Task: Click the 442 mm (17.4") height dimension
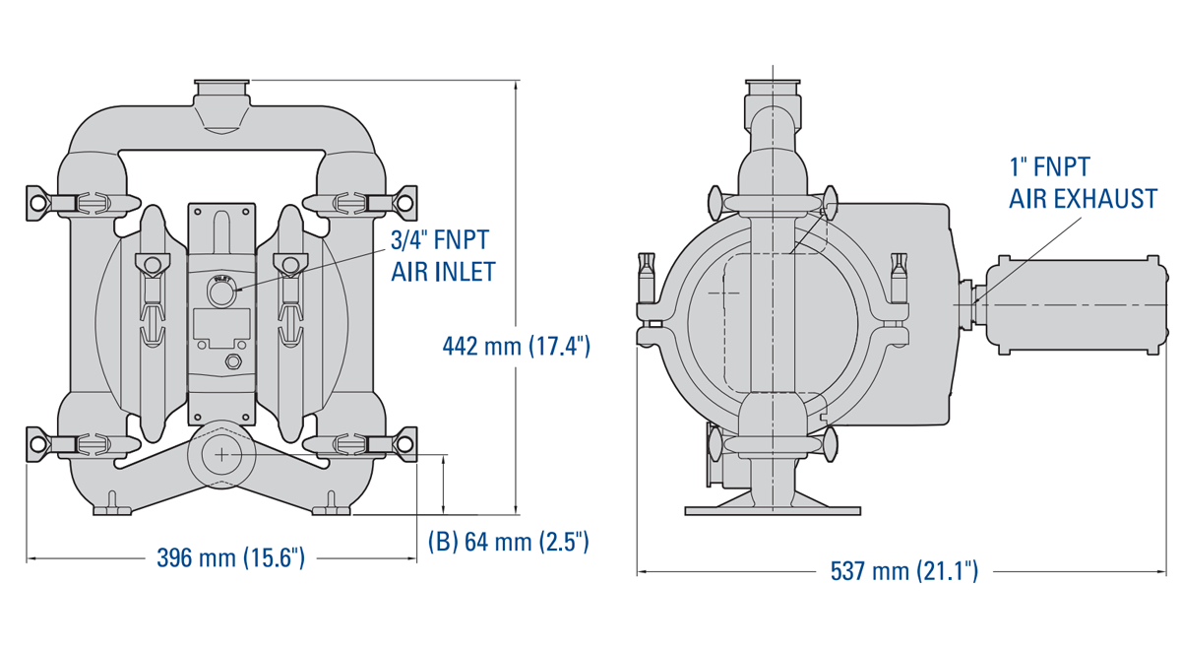point(516,347)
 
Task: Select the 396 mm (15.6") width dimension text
point(231,557)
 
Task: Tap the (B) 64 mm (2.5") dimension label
point(508,542)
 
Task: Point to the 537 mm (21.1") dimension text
point(904,571)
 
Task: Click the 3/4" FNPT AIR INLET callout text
point(443,256)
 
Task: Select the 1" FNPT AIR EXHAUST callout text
point(1083,183)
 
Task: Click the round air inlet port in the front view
point(222,292)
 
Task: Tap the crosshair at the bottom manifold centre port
point(222,455)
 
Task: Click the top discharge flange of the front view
point(222,86)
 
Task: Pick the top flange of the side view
point(773,87)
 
